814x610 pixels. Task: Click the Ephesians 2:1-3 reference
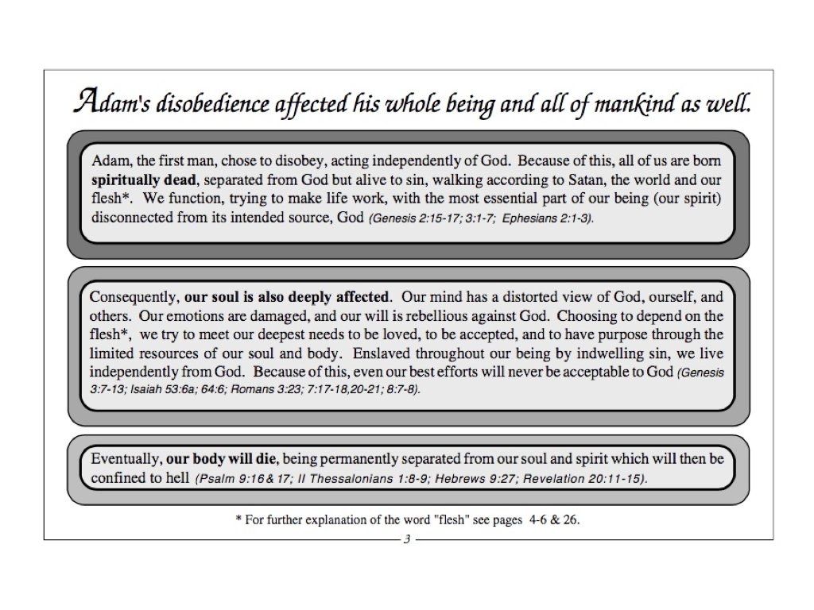[x=548, y=217]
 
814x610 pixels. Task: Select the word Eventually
[x=126, y=459]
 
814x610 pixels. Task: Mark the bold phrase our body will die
[x=220, y=459]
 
